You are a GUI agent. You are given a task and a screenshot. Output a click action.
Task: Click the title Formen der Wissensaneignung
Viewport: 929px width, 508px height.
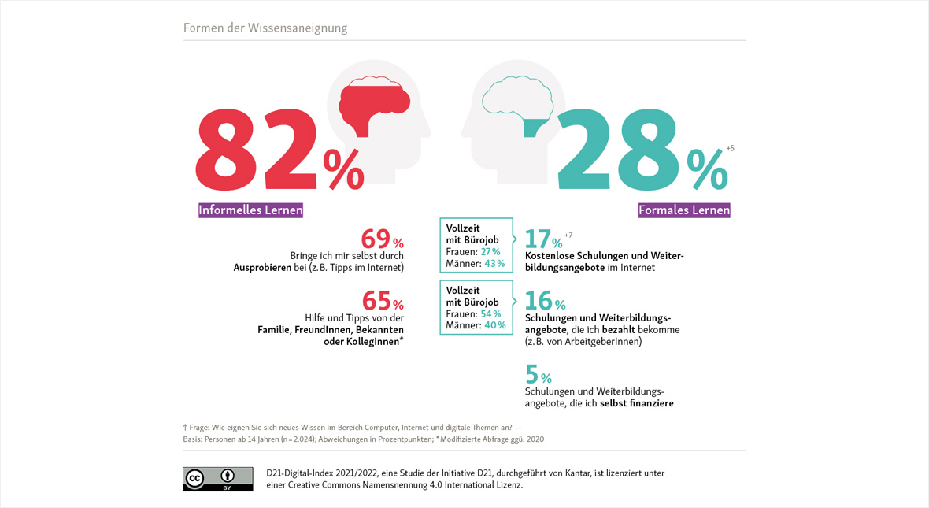[x=265, y=28]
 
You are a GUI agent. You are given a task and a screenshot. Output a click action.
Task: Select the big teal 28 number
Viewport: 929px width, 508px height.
[x=618, y=150]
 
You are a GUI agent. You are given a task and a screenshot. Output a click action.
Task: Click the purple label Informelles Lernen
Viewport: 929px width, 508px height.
[x=250, y=210]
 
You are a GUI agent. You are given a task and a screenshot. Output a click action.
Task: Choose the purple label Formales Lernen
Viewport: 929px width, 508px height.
[x=684, y=210]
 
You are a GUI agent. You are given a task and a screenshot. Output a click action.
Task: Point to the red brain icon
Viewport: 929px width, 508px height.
[x=374, y=101]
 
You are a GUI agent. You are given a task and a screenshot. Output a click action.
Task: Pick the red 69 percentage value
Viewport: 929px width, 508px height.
[x=376, y=239]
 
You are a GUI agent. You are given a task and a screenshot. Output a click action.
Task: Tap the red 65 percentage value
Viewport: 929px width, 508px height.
[x=377, y=301]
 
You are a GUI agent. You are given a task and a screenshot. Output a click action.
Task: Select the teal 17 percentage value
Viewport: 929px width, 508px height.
[x=539, y=239]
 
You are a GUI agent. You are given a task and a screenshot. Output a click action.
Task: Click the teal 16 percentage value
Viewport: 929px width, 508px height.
[x=539, y=301]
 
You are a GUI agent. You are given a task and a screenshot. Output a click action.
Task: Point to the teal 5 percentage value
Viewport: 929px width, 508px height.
[x=531, y=374]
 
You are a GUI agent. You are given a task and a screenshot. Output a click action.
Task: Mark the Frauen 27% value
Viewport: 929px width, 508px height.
[x=490, y=251]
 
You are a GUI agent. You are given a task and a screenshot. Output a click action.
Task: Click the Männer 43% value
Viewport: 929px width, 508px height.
[x=494, y=263]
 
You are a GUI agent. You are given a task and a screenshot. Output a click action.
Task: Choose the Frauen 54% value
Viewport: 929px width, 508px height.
[x=490, y=313]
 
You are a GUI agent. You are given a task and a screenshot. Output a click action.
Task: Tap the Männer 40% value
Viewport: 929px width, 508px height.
[x=494, y=325]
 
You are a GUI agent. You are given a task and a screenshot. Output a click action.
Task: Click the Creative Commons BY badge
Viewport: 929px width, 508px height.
[x=218, y=479]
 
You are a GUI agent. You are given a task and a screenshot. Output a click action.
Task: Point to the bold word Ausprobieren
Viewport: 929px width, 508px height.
[x=265, y=268]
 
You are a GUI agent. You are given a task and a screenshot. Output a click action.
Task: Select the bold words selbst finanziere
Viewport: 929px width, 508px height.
[x=636, y=403]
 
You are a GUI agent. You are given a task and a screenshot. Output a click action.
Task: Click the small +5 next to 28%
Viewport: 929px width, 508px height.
[x=730, y=148]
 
